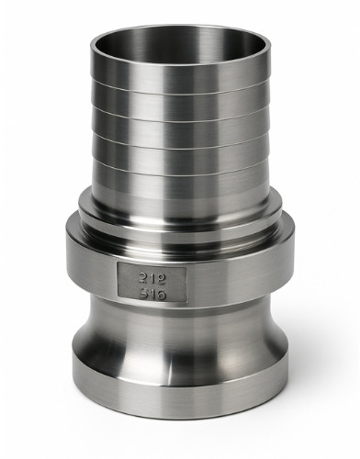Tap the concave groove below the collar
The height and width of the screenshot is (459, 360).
tap(180, 340)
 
